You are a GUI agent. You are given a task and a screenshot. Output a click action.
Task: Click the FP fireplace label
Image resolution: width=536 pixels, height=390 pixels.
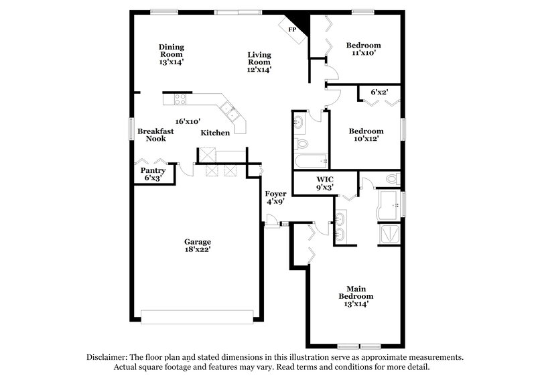tap(291, 30)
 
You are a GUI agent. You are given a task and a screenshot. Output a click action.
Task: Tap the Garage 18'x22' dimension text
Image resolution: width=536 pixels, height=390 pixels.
tap(198, 249)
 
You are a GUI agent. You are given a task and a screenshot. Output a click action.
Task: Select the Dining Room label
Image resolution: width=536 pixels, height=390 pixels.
tap(172, 47)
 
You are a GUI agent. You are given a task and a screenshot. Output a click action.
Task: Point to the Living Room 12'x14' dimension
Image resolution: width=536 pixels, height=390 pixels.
tap(259, 69)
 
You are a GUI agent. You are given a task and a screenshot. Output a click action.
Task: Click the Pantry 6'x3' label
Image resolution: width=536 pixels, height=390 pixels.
tap(152, 174)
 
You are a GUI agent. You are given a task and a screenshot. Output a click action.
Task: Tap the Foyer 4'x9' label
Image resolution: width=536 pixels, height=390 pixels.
tap(275, 197)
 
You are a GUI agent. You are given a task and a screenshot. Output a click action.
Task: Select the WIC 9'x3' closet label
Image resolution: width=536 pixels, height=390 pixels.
tap(324, 183)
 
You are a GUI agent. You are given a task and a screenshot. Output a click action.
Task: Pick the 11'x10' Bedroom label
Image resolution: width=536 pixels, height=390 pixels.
tap(363, 50)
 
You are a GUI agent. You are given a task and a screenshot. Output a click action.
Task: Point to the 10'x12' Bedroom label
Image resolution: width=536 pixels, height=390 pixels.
tap(366, 135)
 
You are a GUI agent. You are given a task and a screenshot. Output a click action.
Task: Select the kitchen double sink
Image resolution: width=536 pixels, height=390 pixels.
tap(228, 109)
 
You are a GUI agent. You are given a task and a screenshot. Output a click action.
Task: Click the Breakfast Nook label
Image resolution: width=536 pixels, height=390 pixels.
tap(156, 135)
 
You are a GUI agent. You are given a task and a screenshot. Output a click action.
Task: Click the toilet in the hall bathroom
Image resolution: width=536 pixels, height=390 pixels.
tap(301, 143)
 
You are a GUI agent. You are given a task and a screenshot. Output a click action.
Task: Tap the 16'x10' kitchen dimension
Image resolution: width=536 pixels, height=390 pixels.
tap(188, 121)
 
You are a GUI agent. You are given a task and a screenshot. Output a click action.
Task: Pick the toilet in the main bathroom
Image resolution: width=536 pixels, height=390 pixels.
tap(393, 178)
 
